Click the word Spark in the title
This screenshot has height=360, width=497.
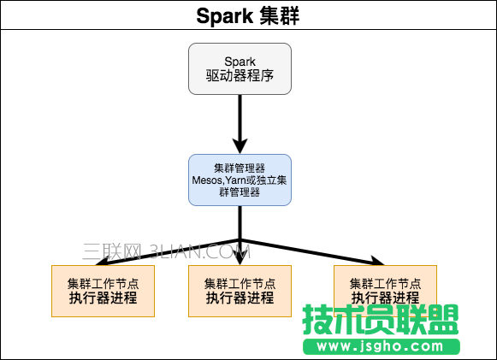point(225,15)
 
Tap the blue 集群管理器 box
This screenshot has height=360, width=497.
point(240,180)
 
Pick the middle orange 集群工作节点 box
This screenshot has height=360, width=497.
point(240,291)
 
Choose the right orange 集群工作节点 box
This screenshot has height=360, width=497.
point(385,291)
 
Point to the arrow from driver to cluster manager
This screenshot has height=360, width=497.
point(240,120)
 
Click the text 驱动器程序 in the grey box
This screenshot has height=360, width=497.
point(240,77)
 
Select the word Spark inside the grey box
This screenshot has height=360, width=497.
point(240,62)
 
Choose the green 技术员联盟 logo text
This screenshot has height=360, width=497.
point(381,321)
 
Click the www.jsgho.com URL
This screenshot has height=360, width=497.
point(381,347)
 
